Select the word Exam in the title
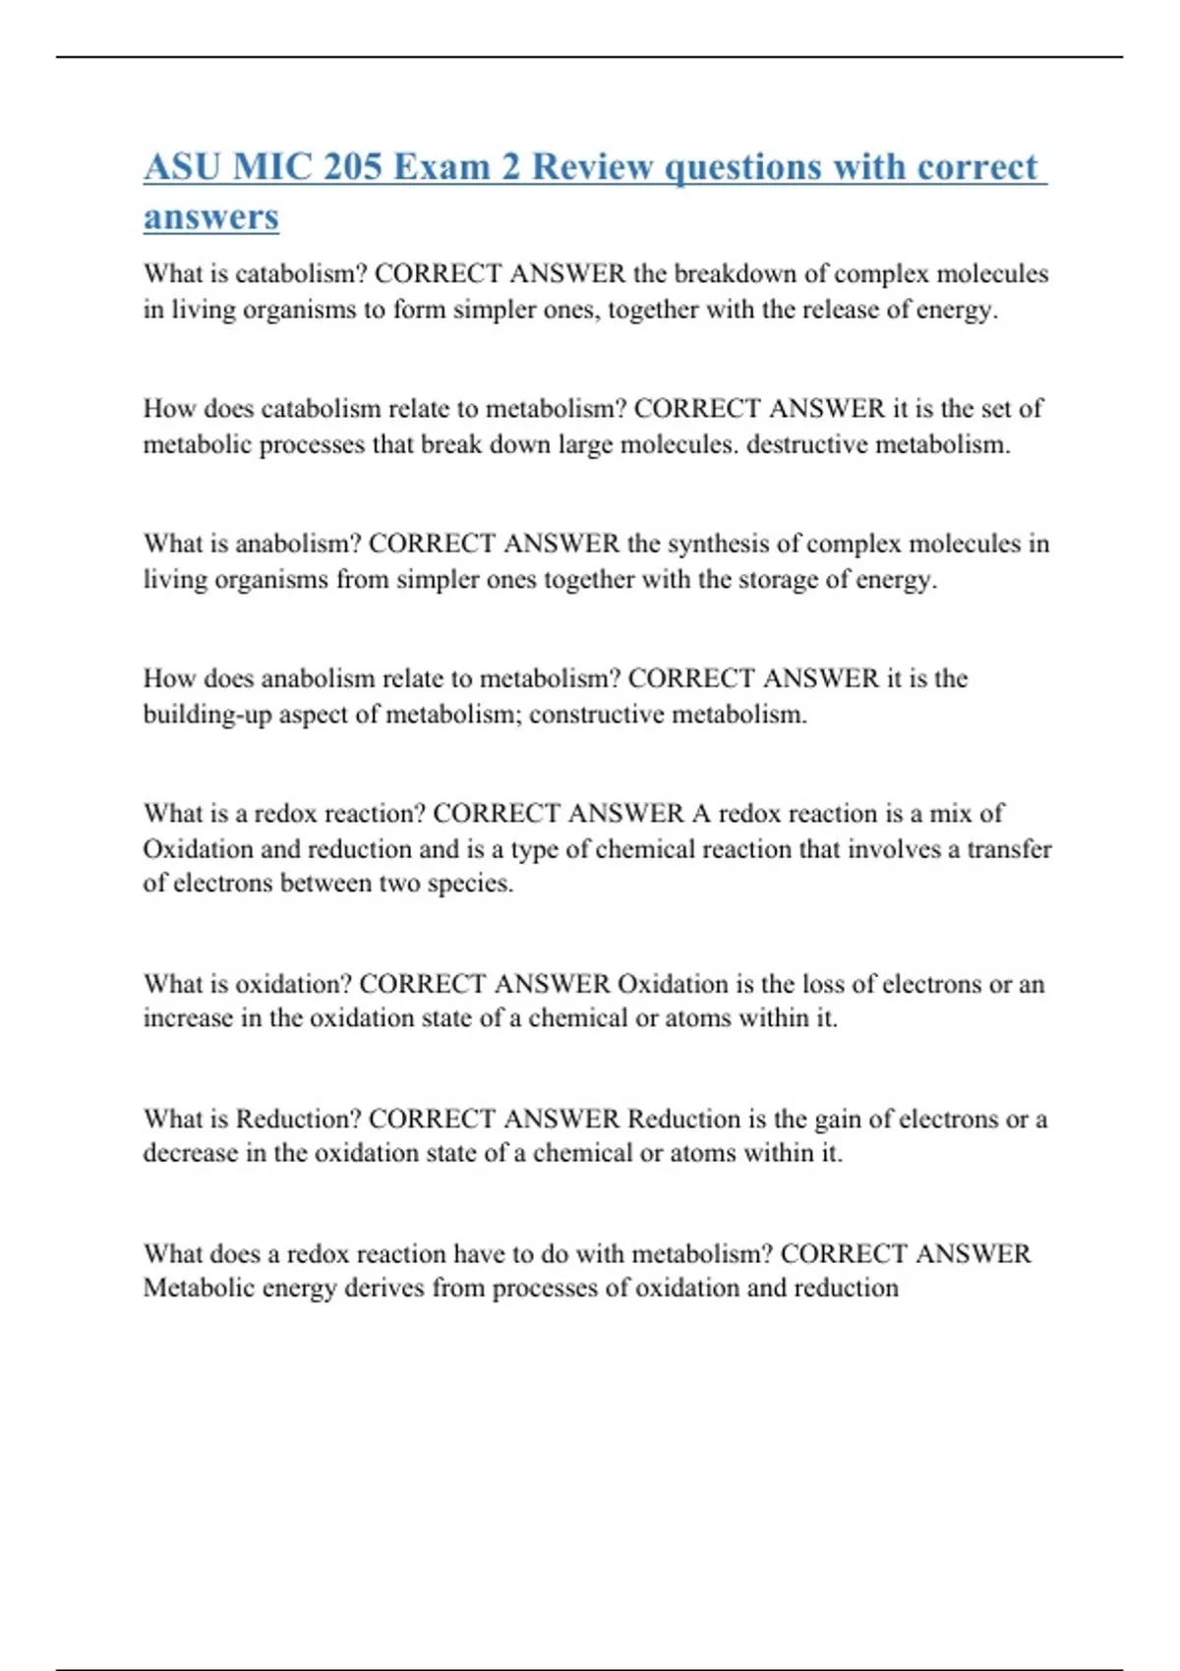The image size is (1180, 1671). coord(441,166)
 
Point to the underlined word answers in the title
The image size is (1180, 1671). coord(210,217)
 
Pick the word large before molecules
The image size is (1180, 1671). coord(583,444)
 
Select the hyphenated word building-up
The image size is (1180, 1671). coord(206,715)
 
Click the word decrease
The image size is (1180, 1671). coord(191,1153)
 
